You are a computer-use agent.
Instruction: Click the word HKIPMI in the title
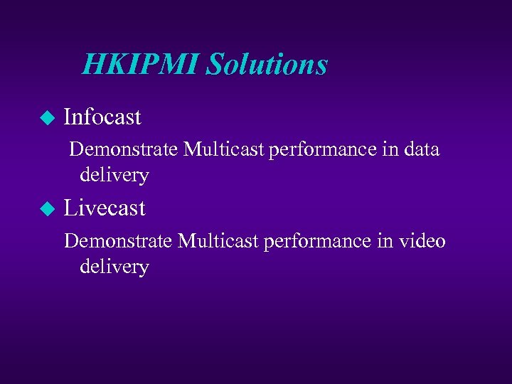point(141,64)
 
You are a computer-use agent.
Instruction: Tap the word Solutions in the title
point(267,64)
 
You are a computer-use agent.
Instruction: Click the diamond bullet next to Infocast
point(47,118)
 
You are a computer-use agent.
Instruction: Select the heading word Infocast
point(102,117)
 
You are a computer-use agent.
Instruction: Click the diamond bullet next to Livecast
point(47,210)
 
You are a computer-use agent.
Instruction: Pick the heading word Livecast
point(105,208)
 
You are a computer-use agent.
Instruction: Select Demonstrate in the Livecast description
point(118,242)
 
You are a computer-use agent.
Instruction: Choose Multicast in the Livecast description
point(218,242)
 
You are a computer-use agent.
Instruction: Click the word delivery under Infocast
point(114,175)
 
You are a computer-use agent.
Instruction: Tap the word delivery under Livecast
point(114,267)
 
